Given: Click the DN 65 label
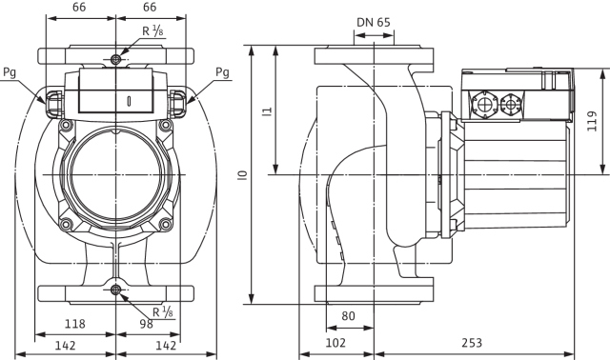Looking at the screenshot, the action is [x=373, y=23].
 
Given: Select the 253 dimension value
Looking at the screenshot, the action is [x=472, y=343].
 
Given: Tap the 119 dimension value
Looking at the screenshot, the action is [x=592, y=121].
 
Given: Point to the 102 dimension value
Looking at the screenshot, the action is [x=335, y=343].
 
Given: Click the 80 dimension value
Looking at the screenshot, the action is [x=348, y=316].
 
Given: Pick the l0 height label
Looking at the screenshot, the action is [x=243, y=175].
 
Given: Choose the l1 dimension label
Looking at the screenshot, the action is [x=267, y=111].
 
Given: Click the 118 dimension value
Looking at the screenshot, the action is [x=74, y=324].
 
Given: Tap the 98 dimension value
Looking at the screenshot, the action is [x=146, y=324].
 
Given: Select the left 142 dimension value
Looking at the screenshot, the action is [x=65, y=345].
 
